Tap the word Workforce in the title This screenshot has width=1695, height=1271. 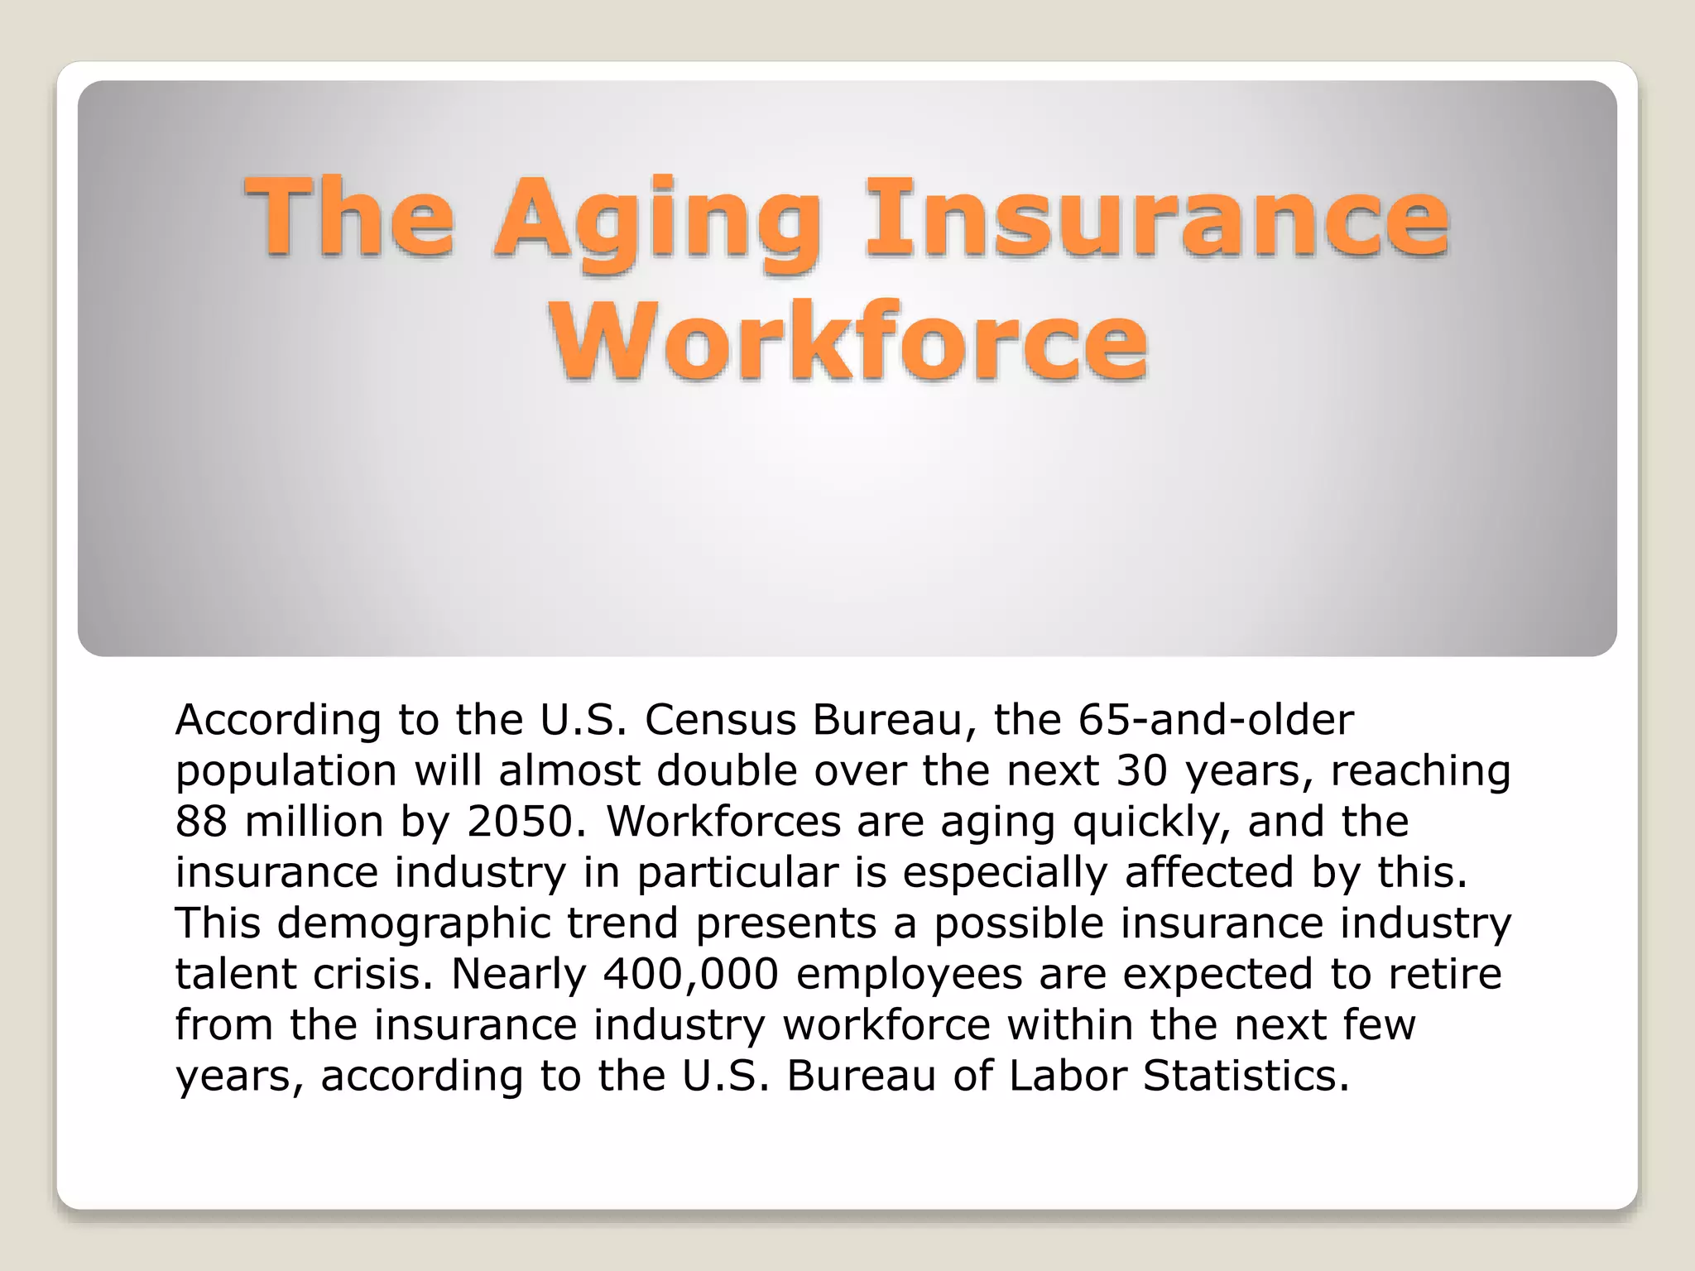[849, 341]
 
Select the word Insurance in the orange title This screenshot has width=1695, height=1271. [1156, 219]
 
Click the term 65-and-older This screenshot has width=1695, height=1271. [1216, 720]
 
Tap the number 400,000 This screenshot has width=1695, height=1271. [691, 974]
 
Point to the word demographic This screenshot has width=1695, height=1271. [414, 923]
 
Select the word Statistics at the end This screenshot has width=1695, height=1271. [1246, 1076]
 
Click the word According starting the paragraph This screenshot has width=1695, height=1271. [278, 720]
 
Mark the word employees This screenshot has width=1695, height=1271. [910, 974]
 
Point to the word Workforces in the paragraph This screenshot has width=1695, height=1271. [723, 822]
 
